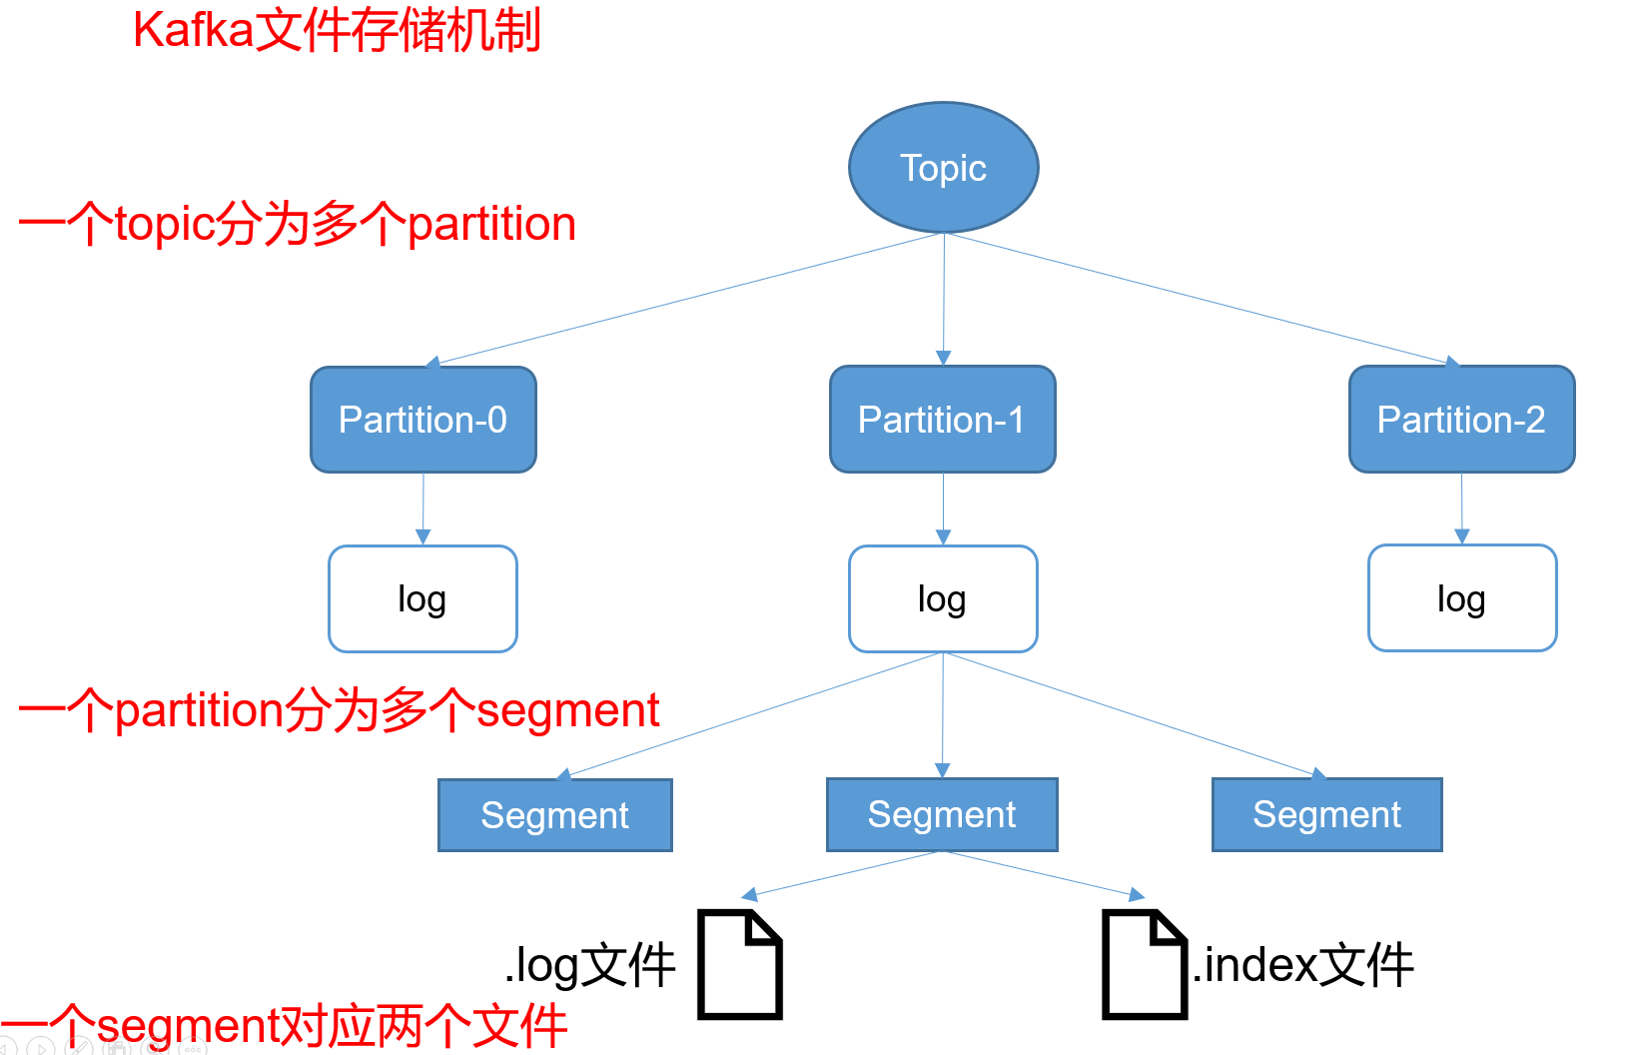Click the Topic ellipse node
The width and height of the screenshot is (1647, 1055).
(x=943, y=168)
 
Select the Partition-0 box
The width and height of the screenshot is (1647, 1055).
(x=422, y=420)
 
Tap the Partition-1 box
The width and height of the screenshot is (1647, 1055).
(x=942, y=420)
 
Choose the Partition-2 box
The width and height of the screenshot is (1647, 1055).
(x=1461, y=420)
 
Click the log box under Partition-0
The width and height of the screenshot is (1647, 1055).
(x=422, y=598)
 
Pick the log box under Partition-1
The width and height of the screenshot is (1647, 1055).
(x=942, y=598)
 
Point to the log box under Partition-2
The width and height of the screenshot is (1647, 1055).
(x=1461, y=598)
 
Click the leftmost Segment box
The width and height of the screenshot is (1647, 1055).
(x=554, y=815)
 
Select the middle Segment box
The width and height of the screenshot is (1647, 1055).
(x=941, y=814)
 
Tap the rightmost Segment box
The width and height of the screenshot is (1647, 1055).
(x=1326, y=814)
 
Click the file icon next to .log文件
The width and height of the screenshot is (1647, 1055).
(x=739, y=964)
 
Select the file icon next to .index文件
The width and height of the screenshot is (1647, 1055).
(x=1144, y=964)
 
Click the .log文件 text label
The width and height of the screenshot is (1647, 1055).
(x=589, y=965)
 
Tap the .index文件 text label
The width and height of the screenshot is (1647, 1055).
(x=1303, y=965)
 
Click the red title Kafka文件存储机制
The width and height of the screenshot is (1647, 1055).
(x=337, y=30)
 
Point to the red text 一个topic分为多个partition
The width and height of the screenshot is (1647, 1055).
(x=297, y=224)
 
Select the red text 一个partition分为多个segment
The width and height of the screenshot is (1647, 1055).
(x=339, y=710)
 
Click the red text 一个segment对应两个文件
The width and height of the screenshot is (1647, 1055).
(x=285, y=1026)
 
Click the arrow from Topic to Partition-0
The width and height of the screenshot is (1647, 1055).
(x=689, y=298)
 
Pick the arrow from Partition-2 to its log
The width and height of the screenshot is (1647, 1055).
(x=1461, y=508)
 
